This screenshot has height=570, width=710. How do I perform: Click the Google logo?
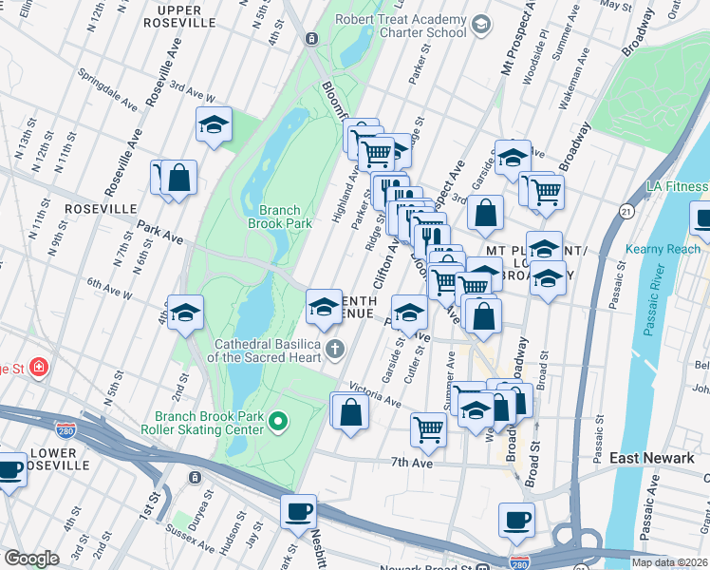[31, 559]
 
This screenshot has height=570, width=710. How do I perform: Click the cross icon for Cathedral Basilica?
[335, 350]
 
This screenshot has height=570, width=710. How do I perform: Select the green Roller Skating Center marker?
[278, 420]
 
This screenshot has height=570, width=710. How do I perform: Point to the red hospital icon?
[38, 367]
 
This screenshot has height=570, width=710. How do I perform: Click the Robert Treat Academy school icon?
[481, 24]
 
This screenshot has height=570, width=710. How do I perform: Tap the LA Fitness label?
[676, 186]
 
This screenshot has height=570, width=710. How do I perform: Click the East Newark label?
[651, 458]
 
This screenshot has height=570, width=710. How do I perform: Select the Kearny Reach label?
[662, 249]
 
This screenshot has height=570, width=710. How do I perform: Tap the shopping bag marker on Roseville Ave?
[178, 177]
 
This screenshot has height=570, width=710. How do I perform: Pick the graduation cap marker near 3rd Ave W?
[215, 124]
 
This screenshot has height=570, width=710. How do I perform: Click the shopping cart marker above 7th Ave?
[429, 428]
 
